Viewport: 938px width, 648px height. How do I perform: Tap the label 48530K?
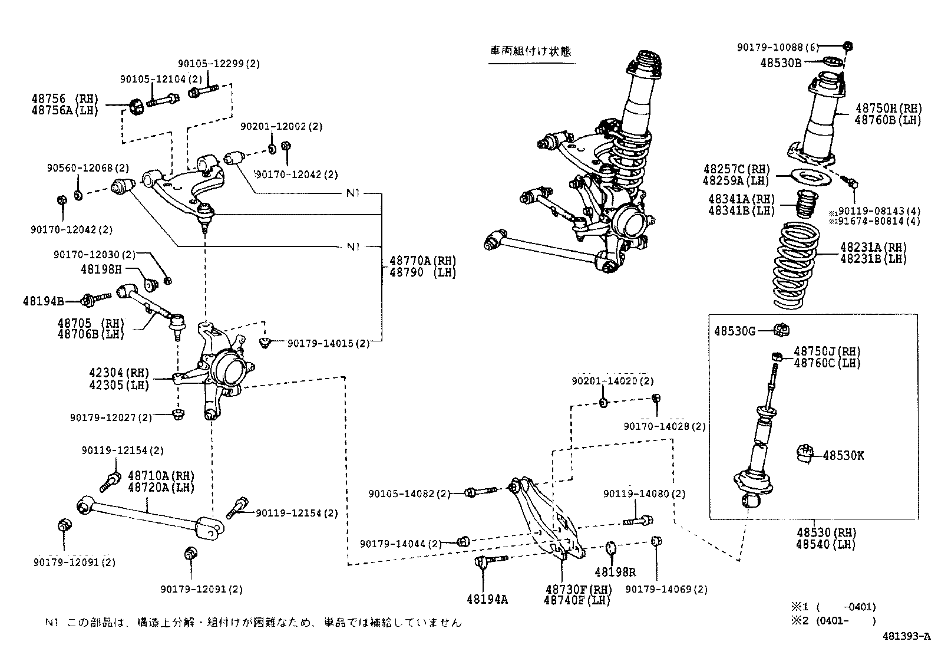click(x=843, y=456)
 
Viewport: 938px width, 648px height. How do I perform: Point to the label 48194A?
click(x=487, y=599)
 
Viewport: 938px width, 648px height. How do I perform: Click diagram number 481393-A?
click(x=906, y=636)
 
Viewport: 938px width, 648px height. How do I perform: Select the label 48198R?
click(x=615, y=572)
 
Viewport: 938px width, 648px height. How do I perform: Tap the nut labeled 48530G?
click(x=782, y=331)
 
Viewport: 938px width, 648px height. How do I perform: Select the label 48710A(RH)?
click(x=161, y=475)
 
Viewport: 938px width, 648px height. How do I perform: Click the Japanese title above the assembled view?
click(x=530, y=51)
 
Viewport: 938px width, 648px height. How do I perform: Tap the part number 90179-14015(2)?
click(x=328, y=343)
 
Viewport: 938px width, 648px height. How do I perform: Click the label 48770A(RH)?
click(x=422, y=261)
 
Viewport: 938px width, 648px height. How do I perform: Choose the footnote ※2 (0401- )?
click(x=833, y=620)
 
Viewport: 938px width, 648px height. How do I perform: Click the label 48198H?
click(x=100, y=269)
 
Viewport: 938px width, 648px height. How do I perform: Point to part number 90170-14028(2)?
click(x=664, y=426)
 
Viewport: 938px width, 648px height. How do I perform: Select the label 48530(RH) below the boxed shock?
click(x=825, y=533)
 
